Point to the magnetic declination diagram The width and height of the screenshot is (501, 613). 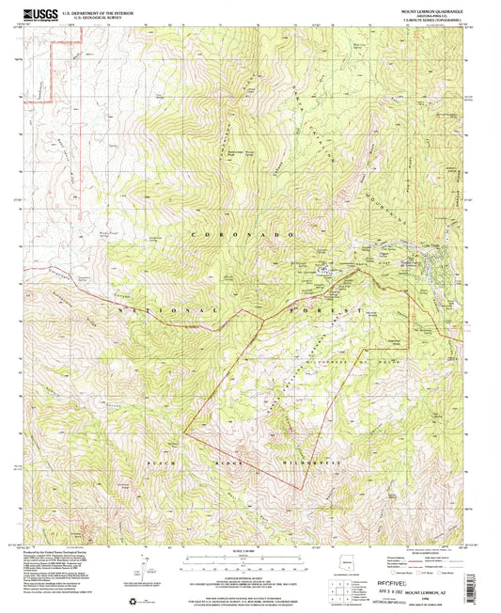(144, 565)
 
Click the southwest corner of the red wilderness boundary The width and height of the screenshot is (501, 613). (184, 432)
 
